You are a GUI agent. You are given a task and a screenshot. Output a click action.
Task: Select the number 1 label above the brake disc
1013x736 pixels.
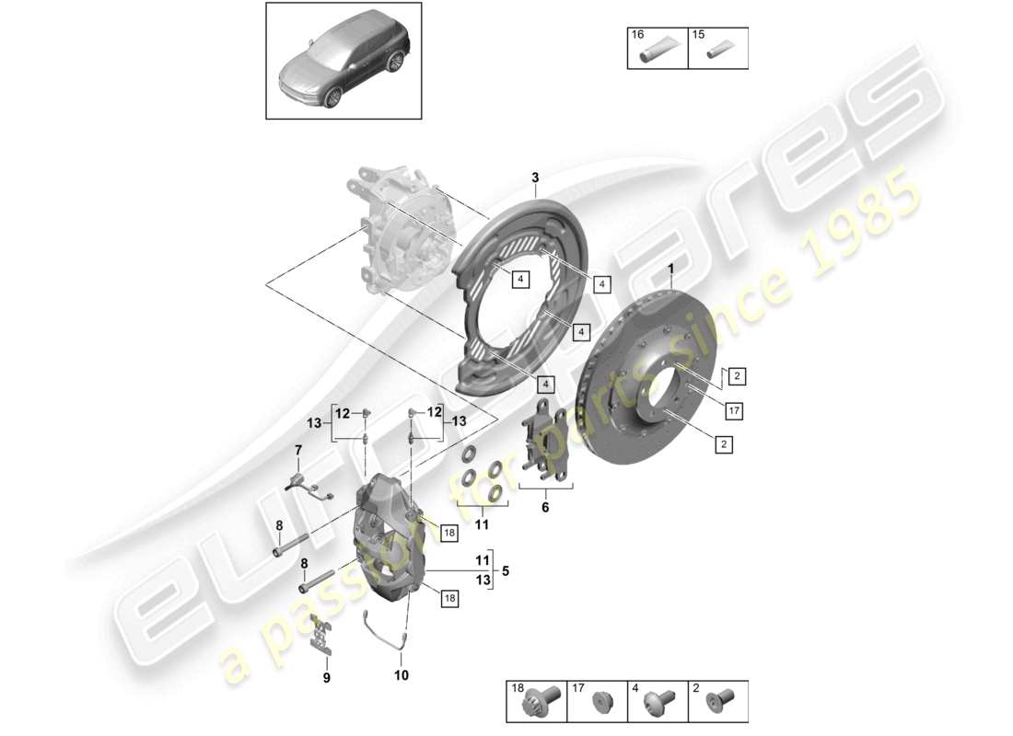pyautogui.click(x=671, y=269)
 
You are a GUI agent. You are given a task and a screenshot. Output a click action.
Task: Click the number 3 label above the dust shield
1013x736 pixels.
pyautogui.click(x=534, y=178)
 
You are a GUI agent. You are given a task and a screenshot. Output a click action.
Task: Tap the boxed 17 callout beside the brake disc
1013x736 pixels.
pyautogui.click(x=732, y=410)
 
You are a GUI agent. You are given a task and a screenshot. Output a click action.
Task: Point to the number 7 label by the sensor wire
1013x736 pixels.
pyautogui.click(x=297, y=449)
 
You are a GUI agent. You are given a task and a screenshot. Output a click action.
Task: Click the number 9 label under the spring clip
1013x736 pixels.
pyautogui.click(x=325, y=679)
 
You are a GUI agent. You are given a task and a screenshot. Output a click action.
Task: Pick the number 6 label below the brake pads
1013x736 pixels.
pyautogui.click(x=544, y=507)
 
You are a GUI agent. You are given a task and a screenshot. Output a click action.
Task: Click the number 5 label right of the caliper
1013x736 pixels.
pyautogui.click(x=506, y=570)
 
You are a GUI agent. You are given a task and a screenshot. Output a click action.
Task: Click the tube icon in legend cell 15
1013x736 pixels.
pyautogui.click(x=719, y=55)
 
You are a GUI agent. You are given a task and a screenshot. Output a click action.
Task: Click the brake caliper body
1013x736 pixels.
pyautogui.click(x=387, y=543)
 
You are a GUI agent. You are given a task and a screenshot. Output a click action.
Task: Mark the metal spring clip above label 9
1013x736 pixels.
pyautogui.click(x=320, y=633)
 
